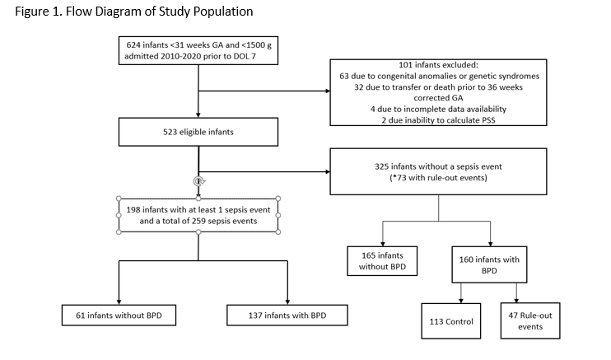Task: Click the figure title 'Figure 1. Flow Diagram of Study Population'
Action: pyautogui.click(x=134, y=12)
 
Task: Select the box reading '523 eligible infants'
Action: pyautogui.click(x=198, y=132)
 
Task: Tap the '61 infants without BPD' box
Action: pyautogui.click(x=119, y=316)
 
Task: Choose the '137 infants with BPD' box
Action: pyautogui.click(x=287, y=316)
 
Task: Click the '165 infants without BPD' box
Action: pyautogui.click(x=382, y=261)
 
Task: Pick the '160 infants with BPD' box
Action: pyautogui.click(x=489, y=264)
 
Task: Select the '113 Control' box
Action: pyautogui.click(x=451, y=321)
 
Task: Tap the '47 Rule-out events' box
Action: pyautogui.click(x=530, y=320)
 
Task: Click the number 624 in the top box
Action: pyautogui.click(x=133, y=44)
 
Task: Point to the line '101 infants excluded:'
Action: pyautogui.click(x=438, y=65)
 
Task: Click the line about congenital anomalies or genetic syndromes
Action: pyautogui.click(x=439, y=76)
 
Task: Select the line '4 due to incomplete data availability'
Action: pyautogui.click(x=438, y=109)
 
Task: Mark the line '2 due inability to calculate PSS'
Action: pyautogui.click(x=438, y=120)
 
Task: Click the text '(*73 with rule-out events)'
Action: pyautogui.click(x=438, y=178)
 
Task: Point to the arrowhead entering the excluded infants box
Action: pyautogui.click(x=328, y=91)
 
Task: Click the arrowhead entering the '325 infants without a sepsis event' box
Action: pyautogui.click(x=328, y=171)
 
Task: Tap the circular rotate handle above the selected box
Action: pyautogui.click(x=198, y=181)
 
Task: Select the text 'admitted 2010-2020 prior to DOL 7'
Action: pyautogui.click(x=190, y=56)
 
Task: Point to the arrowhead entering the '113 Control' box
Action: pyautogui.click(x=461, y=301)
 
